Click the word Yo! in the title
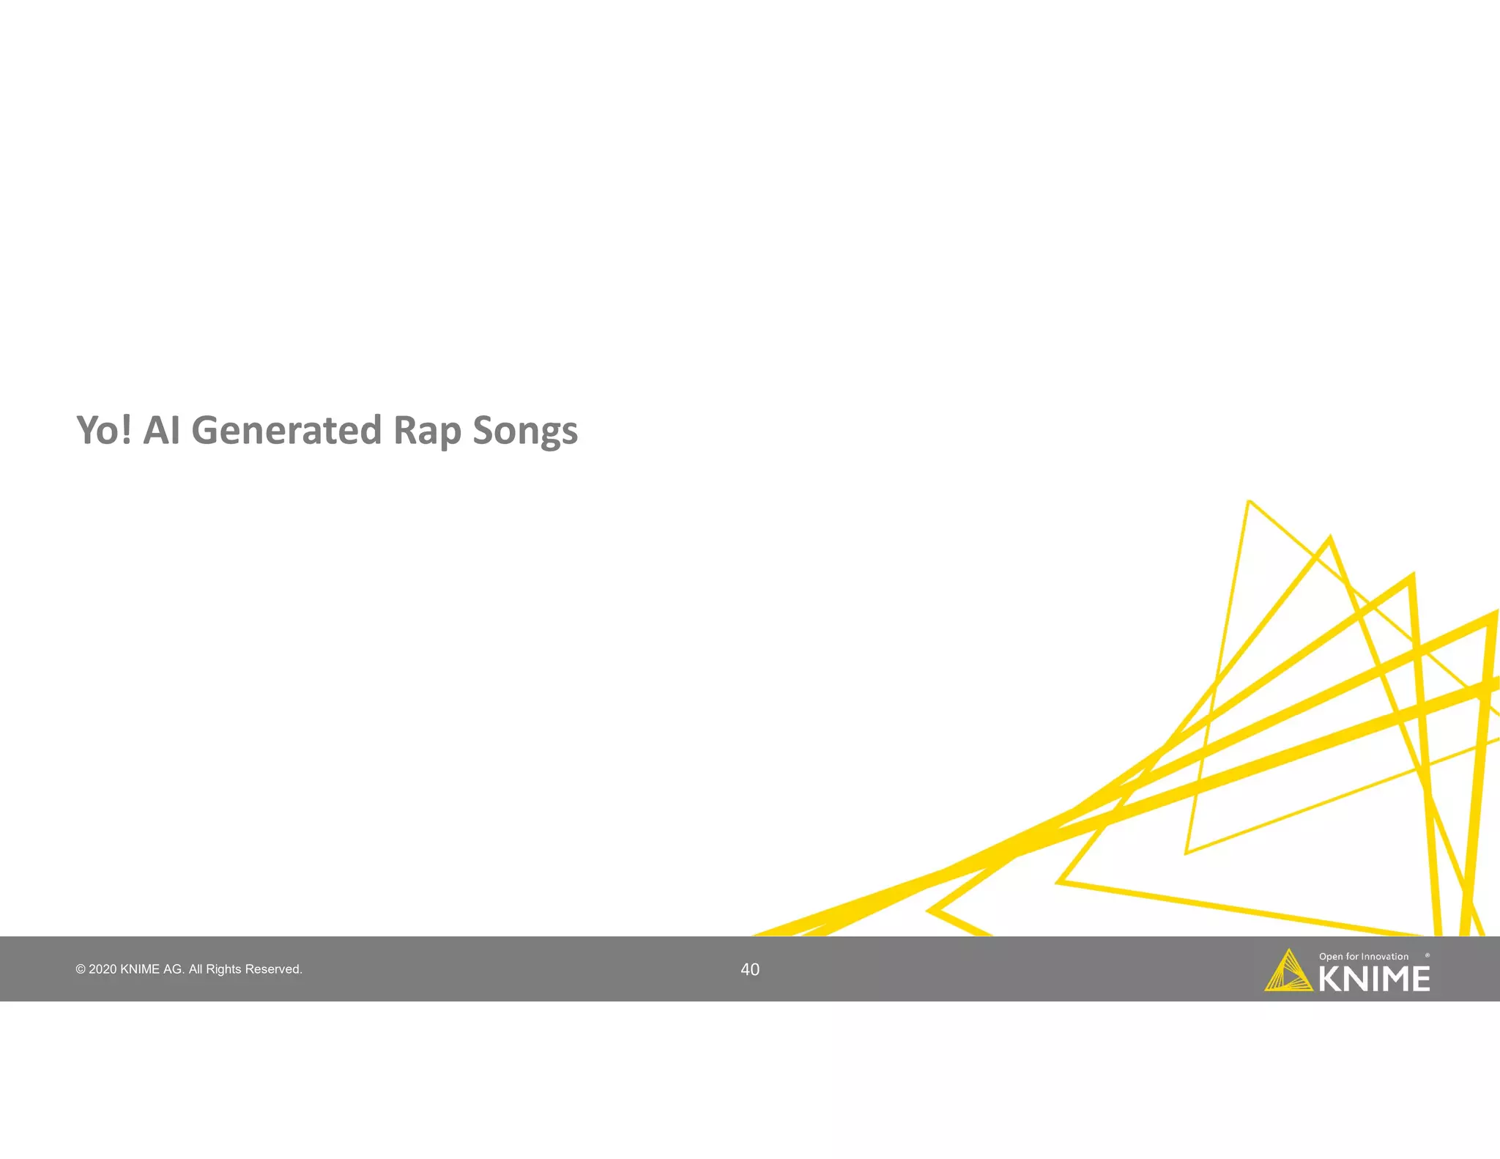coord(104,430)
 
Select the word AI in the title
coord(161,430)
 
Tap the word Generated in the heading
coord(286,430)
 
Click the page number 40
coord(750,969)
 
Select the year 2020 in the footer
coord(103,969)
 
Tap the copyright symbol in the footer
coord(80,969)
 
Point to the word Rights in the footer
coord(223,969)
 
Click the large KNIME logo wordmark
coord(1374,980)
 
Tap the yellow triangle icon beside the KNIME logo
coord(1288,973)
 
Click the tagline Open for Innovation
coord(1363,957)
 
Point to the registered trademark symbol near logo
coord(1427,955)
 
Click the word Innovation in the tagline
coord(1384,957)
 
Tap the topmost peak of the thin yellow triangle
coord(1250,502)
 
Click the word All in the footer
coord(196,969)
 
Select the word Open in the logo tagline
coord(1331,957)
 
